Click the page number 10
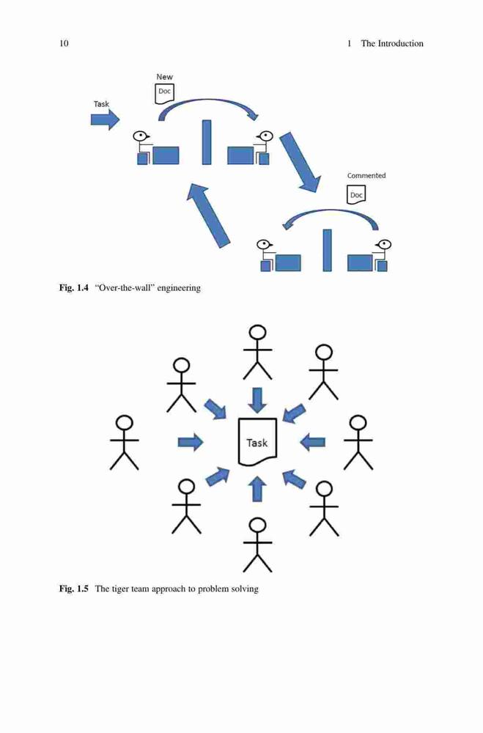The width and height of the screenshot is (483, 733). (x=64, y=43)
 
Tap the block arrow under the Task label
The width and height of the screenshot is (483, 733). (x=106, y=120)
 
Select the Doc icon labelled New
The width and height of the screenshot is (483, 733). (x=164, y=92)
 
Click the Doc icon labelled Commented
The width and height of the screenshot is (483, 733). (x=355, y=194)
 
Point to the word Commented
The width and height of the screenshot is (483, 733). (x=366, y=175)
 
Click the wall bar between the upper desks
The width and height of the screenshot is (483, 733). (x=206, y=142)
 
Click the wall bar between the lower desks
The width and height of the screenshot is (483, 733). (x=328, y=250)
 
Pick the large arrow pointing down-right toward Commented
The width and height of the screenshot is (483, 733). (x=301, y=162)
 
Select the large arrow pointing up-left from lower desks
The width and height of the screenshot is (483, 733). (x=208, y=215)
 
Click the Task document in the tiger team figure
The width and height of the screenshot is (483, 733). (x=257, y=442)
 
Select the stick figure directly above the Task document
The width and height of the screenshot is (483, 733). (x=257, y=353)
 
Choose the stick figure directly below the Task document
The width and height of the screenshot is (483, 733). (x=257, y=545)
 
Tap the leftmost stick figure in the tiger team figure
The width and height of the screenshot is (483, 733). (x=125, y=442)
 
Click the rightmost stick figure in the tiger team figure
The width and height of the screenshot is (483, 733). (x=358, y=442)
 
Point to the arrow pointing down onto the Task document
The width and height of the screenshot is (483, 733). (x=257, y=400)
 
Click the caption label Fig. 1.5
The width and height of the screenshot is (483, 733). (x=73, y=589)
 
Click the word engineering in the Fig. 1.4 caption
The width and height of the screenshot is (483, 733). (x=179, y=288)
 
